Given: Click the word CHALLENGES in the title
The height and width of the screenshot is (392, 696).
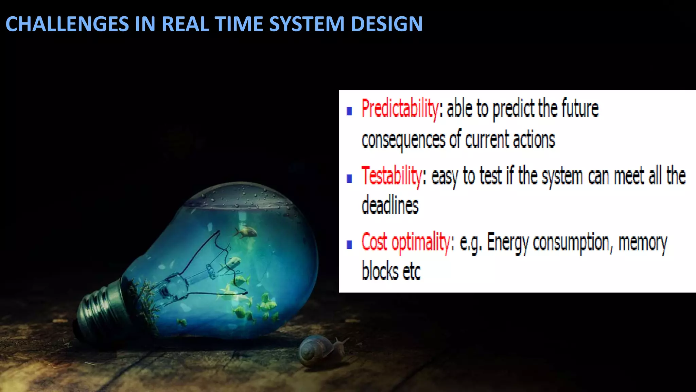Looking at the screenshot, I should [67, 24].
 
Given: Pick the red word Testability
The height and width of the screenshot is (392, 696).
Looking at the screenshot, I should [391, 176].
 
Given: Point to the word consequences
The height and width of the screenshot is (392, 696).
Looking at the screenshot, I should [403, 140].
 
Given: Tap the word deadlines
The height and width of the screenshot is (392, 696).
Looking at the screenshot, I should [390, 206].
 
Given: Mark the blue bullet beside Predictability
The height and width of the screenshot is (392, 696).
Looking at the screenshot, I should [349, 111].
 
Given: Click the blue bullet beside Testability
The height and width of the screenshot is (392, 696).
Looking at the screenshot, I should [349, 179].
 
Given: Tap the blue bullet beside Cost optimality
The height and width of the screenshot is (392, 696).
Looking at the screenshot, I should [349, 245].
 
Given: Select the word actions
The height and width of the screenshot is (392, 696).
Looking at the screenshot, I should [534, 140].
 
